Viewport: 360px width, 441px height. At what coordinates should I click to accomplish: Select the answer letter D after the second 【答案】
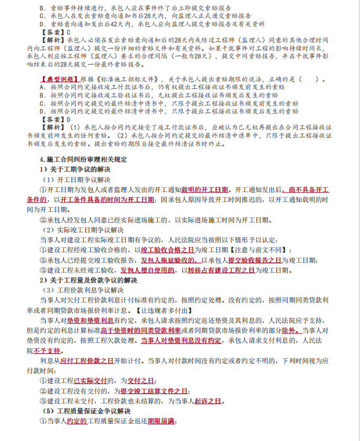68,119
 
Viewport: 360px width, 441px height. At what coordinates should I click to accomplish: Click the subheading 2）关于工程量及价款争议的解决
88,280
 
